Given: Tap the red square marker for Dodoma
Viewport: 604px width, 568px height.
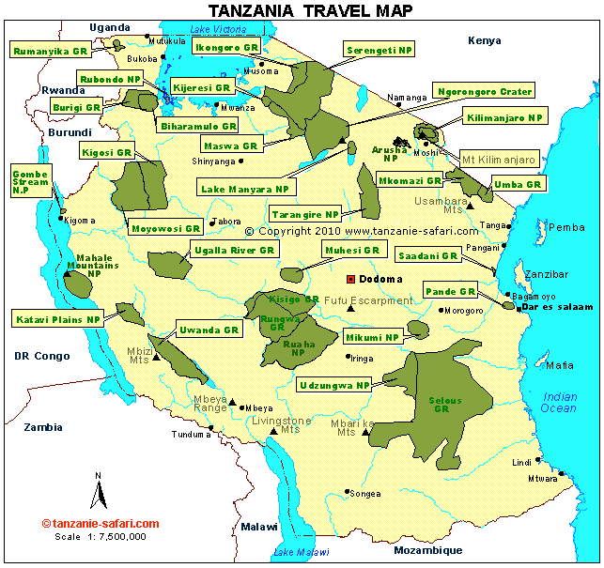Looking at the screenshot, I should (350, 279).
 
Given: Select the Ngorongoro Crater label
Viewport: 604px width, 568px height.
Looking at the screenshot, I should (485, 91).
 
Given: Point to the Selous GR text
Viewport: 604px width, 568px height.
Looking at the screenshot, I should (445, 405).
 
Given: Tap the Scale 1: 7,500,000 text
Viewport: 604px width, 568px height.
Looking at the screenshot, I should (101, 537).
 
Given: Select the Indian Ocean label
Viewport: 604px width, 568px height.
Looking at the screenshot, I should (560, 402).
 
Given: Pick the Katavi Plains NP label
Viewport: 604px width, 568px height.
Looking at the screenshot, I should (57, 319).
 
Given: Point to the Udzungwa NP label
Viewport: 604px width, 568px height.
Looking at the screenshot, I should (334, 385).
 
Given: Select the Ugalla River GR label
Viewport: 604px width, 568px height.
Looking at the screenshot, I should (232, 251).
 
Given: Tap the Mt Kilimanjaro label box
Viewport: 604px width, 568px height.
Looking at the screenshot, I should (499, 160).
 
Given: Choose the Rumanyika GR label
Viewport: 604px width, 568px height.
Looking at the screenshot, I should (52, 50).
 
